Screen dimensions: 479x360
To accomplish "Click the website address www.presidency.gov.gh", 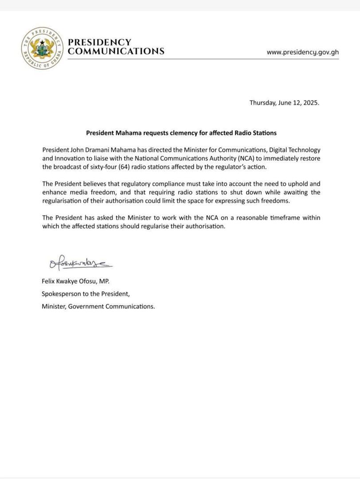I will [x=302, y=52].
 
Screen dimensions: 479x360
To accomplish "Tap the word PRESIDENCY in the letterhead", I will [x=99, y=42].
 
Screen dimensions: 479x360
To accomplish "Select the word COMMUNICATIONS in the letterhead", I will [x=116, y=51].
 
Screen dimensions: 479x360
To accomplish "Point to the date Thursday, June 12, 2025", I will [x=284, y=102].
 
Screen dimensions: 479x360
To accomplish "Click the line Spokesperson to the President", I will [x=86, y=294].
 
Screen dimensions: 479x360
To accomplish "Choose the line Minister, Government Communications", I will [x=98, y=306].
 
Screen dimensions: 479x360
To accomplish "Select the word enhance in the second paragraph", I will [x=55, y=192].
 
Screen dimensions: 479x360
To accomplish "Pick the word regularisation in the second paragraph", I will [x=64, y=201].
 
